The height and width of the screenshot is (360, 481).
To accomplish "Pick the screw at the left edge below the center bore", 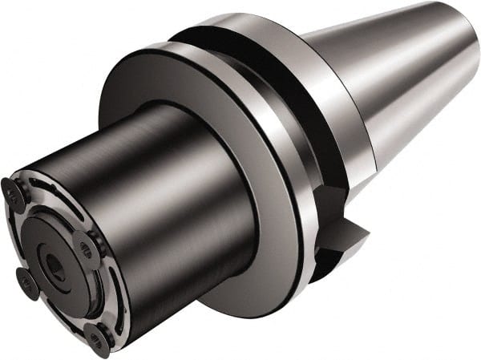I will coord(27,281).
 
